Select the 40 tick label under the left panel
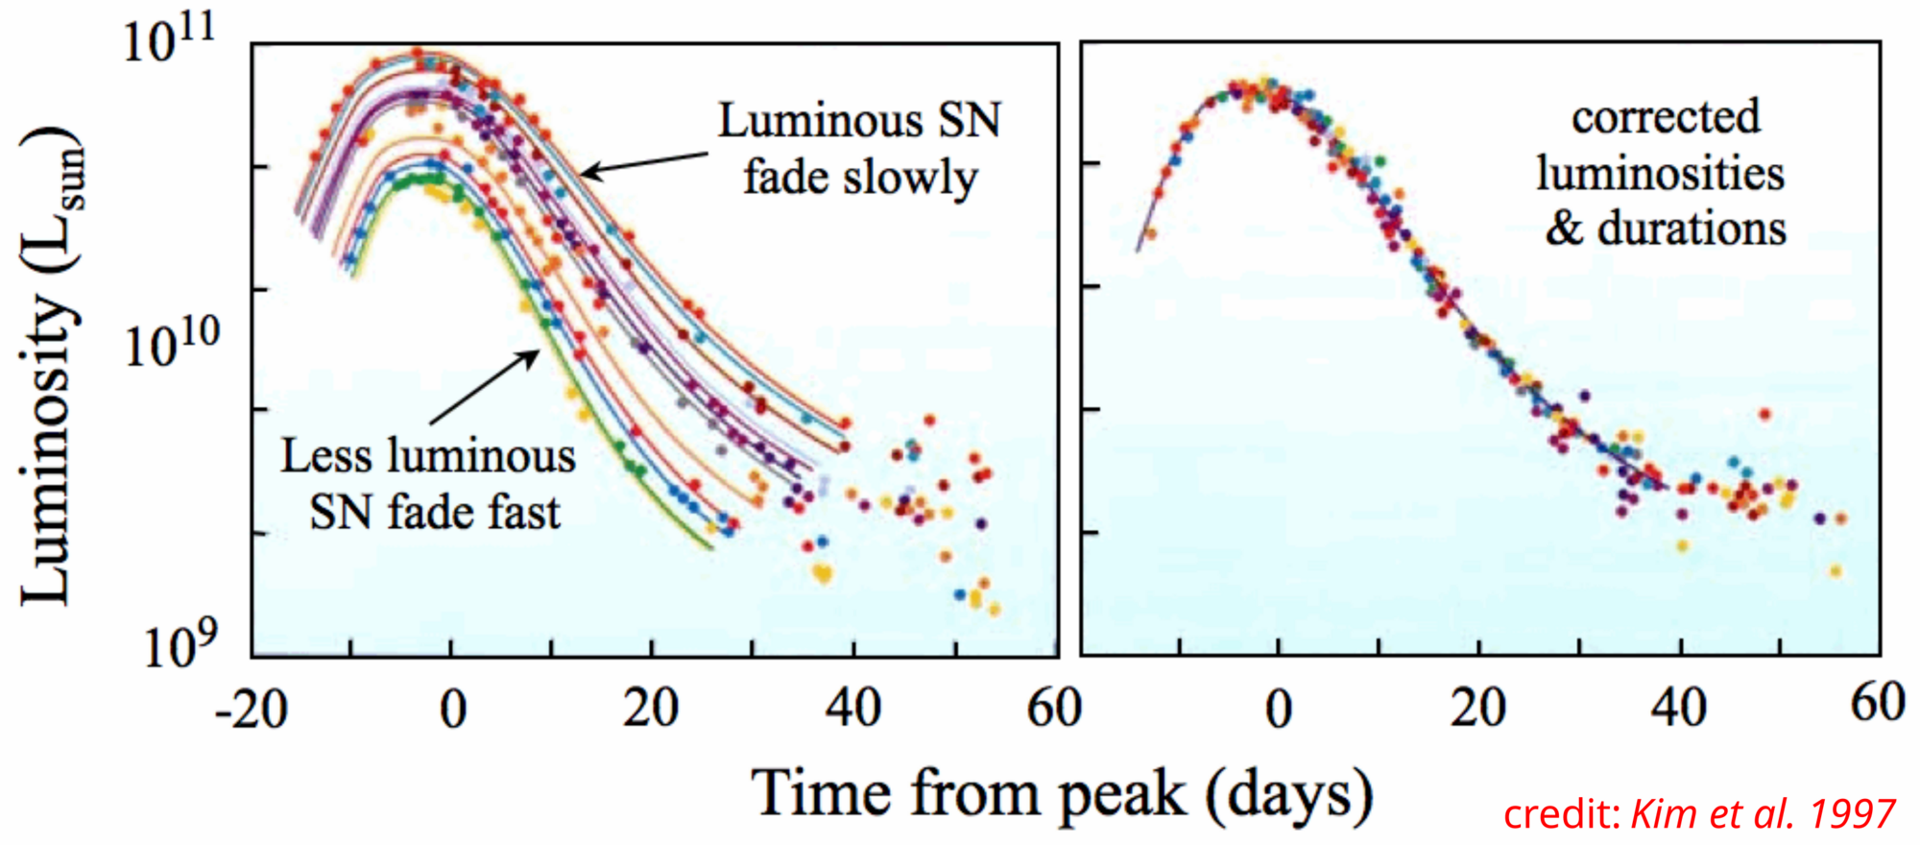click(852, 711)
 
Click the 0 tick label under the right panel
click(1278, 711)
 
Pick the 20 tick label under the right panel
click(1478, 711)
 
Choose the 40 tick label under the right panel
click(1679, 711)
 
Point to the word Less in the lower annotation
click(326, 455)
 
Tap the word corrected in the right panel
click(1666, 117)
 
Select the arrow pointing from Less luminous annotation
click(484, 387)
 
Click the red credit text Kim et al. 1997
click(1763, 814)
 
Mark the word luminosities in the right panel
click(1661, 173)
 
